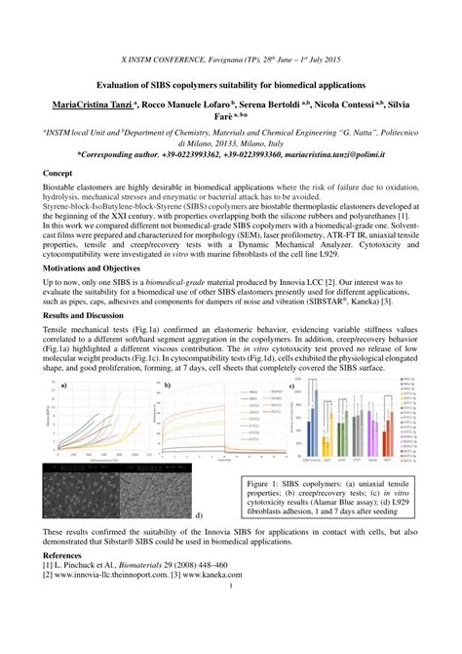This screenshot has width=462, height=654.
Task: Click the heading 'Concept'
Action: pos(58,173)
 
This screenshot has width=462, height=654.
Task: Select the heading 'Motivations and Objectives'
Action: pos(92,266)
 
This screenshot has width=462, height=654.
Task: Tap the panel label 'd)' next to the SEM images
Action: pos(199,513)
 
